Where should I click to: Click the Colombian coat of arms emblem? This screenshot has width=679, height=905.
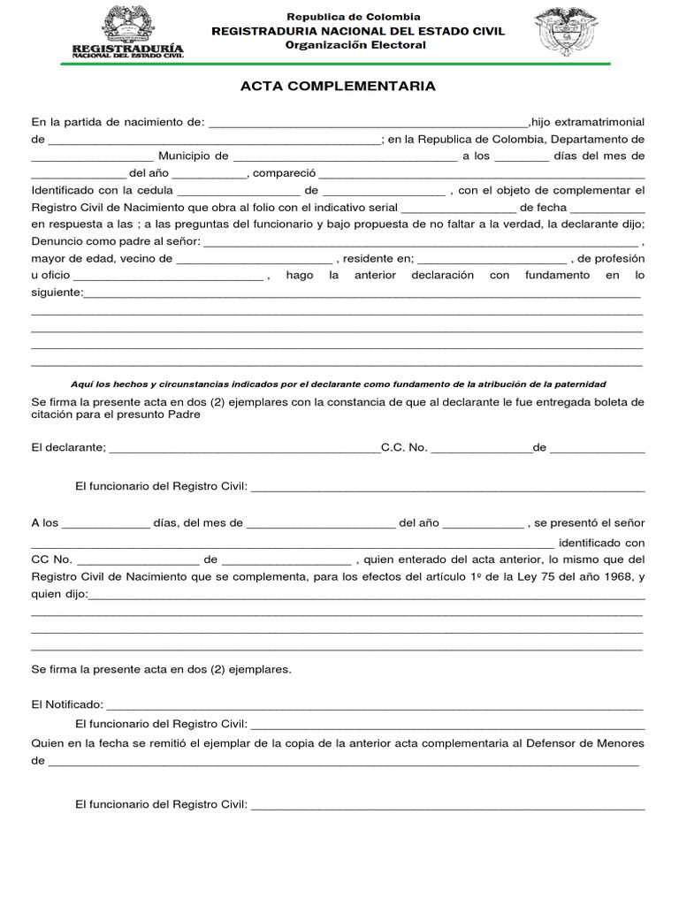point(567,32)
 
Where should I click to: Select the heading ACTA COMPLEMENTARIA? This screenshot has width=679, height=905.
point(339,87)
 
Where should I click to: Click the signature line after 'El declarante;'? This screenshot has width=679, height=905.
point(244,447)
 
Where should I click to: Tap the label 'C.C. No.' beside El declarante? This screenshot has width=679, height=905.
point(404,447)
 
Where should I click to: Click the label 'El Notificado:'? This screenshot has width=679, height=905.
point(67,705)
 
